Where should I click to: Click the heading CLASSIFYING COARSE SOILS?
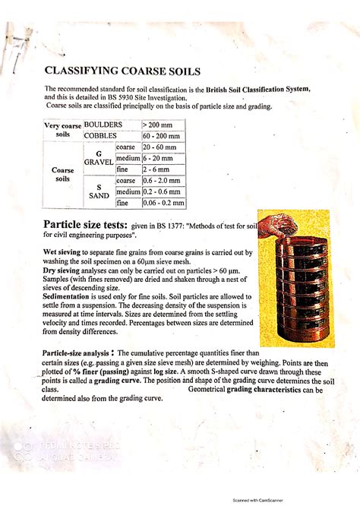point(123,71)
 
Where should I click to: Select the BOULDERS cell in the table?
point(103,124)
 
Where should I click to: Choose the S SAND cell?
point(99,191)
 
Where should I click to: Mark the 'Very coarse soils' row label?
point(62,130)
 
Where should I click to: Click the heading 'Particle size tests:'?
point(84,226)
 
